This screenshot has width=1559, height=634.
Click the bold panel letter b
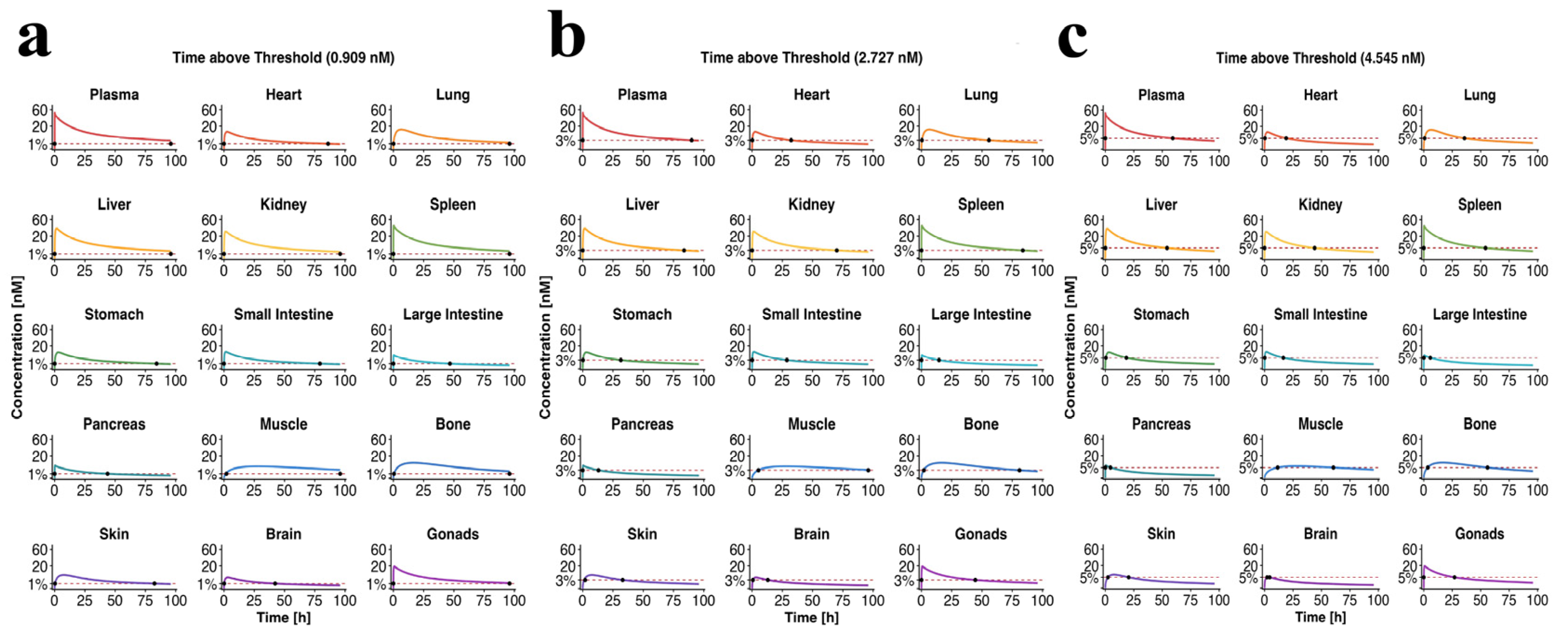click(567, 34)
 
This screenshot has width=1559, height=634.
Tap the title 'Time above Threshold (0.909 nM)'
click(283, 58)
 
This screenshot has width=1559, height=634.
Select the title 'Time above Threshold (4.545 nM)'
click(1320, 58)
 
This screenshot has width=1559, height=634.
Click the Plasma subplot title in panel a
click(114, 95)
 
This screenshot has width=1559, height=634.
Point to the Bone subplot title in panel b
click(981, 424)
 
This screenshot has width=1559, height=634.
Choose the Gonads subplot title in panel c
click(1479, 534)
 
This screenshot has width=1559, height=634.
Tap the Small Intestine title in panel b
click(811, 315)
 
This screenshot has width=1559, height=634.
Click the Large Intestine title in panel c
click(1479, 315)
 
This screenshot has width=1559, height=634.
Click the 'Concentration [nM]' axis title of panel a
click(16, 347)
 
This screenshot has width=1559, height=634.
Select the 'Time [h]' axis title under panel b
click(811, 618)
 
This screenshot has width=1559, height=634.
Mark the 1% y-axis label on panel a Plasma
click(38, 145)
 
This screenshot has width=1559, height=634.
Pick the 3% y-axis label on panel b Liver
click(565, 251)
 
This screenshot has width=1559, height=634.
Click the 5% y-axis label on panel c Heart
click(1248, 139)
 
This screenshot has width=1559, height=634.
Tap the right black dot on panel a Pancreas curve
click(107, 474)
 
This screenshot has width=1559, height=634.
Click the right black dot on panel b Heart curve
click(790, 140)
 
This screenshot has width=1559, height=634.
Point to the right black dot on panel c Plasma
click(1172, 139)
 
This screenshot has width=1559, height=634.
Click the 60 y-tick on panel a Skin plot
click(40, 549)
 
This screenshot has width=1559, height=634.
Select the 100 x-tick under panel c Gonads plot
click(1538, 600)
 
